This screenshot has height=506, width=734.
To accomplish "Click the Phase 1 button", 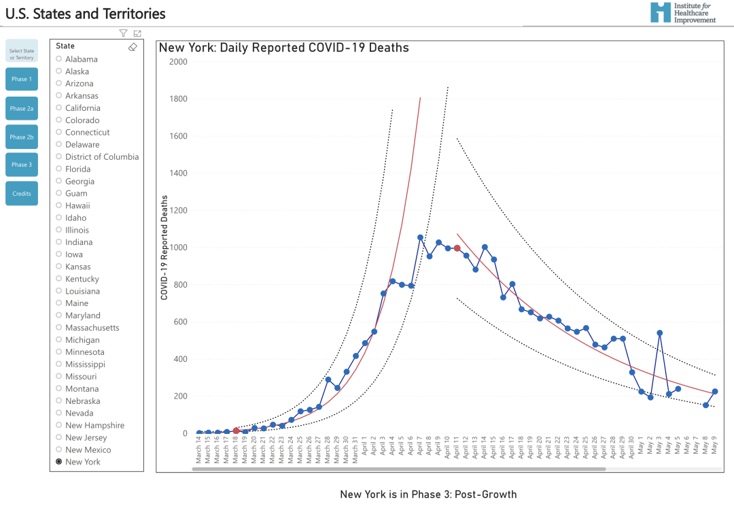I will (22, 79).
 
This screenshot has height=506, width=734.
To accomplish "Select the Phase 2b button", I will (22, 137).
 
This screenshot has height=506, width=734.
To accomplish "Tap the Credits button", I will (22, 193).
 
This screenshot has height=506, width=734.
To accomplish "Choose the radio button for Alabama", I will (59, 59).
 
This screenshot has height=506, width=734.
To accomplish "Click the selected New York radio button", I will (59, 462).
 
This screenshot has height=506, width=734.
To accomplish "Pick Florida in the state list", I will (77, 169).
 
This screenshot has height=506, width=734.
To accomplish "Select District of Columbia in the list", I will (101, 156).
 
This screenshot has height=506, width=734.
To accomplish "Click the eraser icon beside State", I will (133, 47).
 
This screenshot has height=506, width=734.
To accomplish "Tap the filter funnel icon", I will (123, 33).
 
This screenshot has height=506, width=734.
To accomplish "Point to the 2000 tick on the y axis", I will (178, 62).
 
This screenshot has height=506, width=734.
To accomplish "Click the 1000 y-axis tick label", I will (178, 248).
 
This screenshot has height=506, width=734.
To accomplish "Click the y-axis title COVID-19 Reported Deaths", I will (164, 248).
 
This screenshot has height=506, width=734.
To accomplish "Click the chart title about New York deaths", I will (283, 48).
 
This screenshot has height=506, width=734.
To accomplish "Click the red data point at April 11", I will (457, 248).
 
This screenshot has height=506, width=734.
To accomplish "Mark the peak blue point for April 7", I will (420, 237).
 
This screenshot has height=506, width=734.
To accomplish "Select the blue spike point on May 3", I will (659, 333).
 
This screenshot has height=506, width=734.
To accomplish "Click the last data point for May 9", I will (715, 392).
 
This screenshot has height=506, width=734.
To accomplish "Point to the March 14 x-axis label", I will (199, 450).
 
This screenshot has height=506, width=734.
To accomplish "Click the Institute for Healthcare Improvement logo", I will (682, 12).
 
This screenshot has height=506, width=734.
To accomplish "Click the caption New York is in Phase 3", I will (428, 494).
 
